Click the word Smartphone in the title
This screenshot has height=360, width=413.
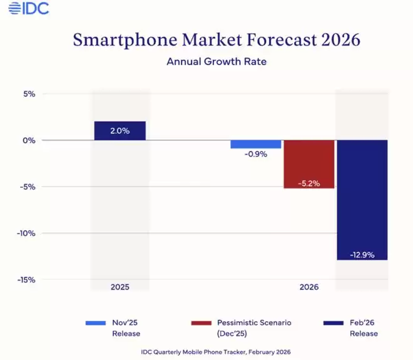(x=119, y=40)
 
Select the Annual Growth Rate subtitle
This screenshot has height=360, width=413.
(x=217, y=62)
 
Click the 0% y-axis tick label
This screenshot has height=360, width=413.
(x=29, y=140)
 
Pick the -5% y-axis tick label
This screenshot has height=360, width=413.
(x=28, y=187)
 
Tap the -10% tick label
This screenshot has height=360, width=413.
(x=27, y=234)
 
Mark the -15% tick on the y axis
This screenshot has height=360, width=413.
(x=27, y=280)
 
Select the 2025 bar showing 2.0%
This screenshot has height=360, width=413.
(x=120, y=131)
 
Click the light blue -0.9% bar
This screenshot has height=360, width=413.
(x=256, y=144)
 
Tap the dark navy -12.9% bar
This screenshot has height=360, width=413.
(x=362, y=199)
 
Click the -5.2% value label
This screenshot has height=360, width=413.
(x=309, y=183)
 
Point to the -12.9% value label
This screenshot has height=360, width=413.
(x=362, y=254)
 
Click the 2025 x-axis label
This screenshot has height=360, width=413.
(x=120, y=287)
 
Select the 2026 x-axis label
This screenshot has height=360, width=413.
(x=308, y=287)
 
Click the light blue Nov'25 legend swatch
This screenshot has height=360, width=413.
(x=95, y=323)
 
